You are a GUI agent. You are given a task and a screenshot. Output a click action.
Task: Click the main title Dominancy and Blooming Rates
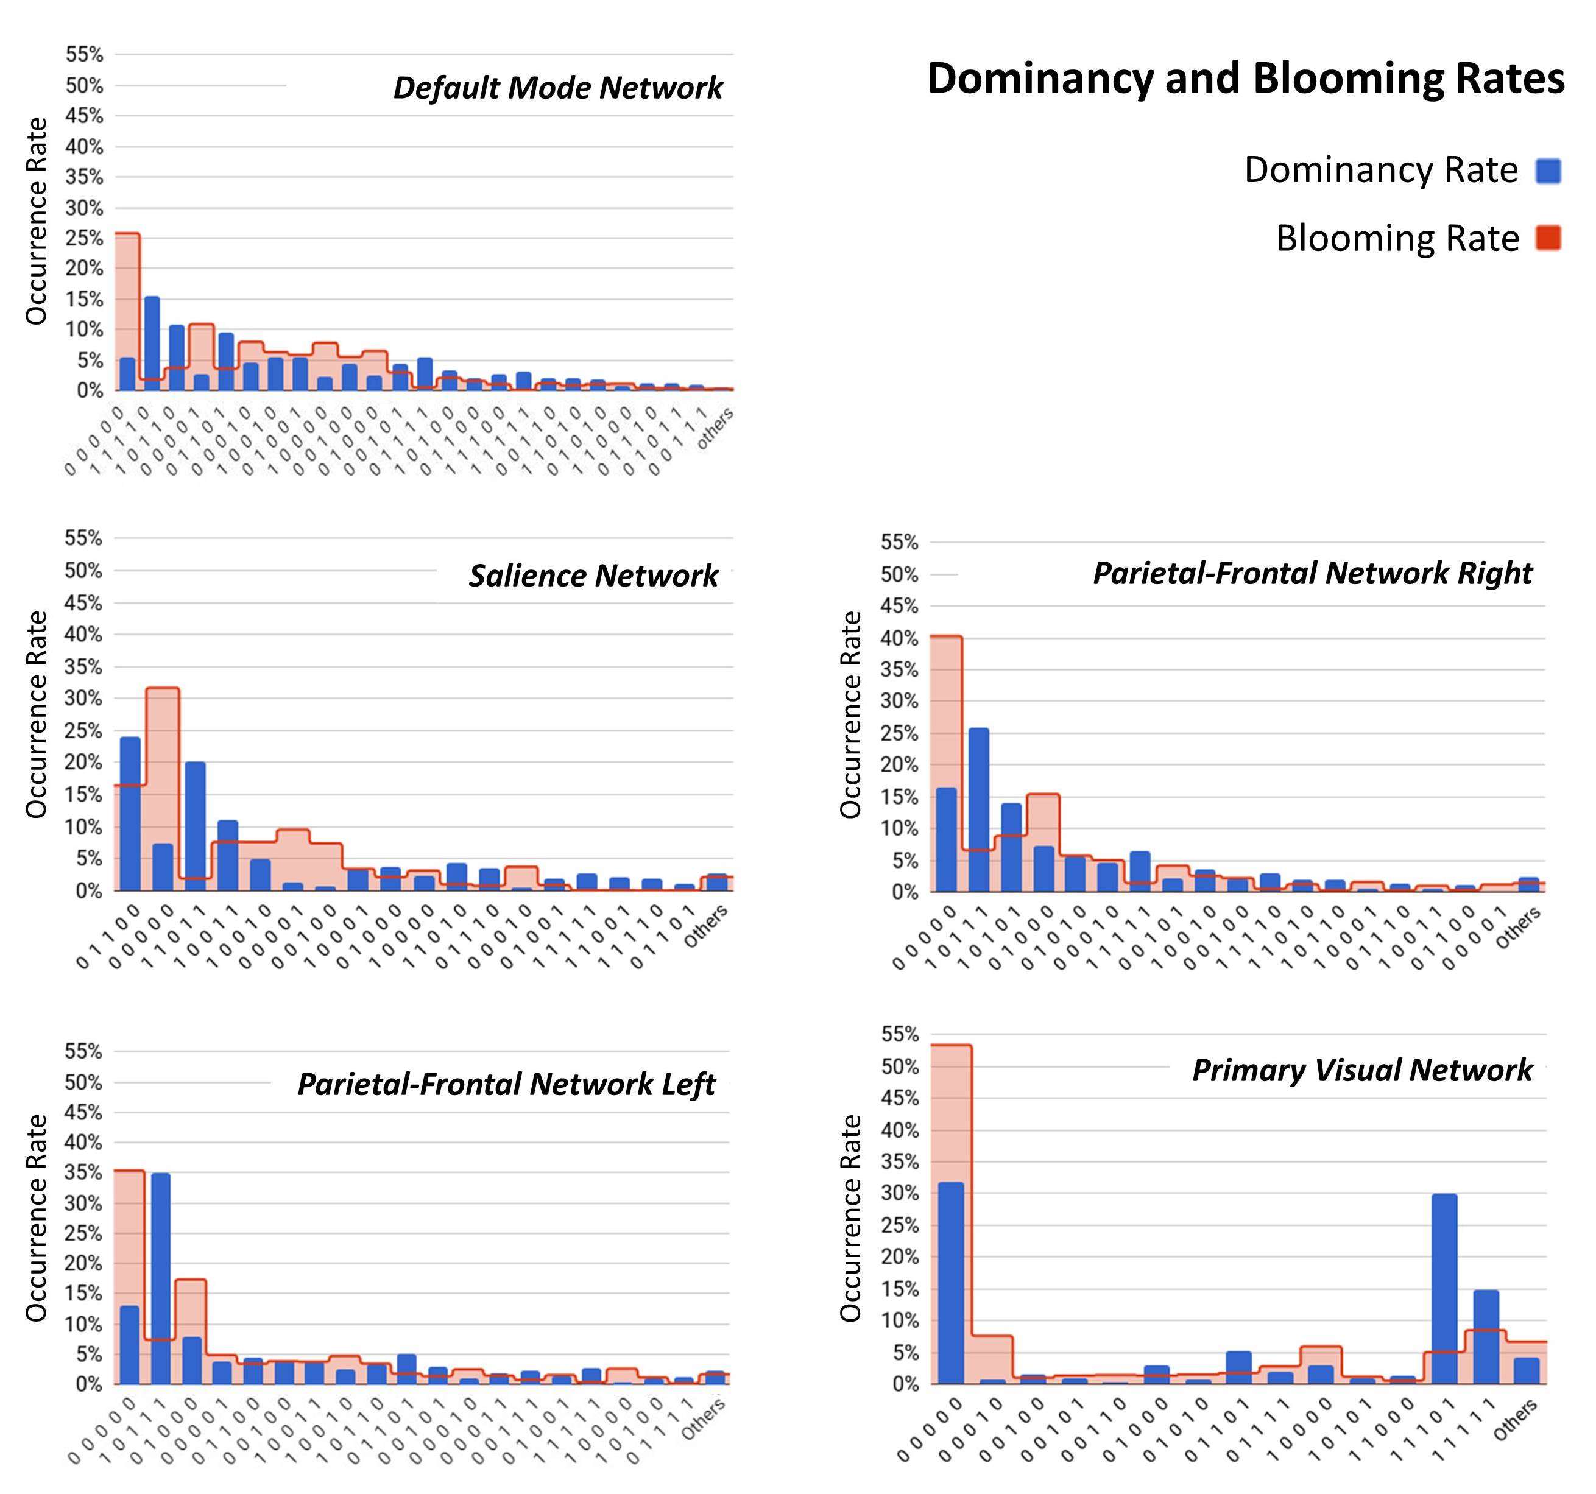(1245, 79)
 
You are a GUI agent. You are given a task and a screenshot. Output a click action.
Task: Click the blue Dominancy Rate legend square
(1548, 171)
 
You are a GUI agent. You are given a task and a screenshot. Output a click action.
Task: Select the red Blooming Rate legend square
(1548, 238)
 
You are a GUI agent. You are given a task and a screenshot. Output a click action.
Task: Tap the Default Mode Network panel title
(557, 88)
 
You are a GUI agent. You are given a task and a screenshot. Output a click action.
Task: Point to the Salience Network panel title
(593, 576)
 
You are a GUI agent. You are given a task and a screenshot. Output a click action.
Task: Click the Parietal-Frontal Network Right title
(1313, 573)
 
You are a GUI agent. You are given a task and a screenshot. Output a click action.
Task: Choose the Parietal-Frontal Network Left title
(506, 1084)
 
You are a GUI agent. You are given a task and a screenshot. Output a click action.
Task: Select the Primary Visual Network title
(1361, 1070)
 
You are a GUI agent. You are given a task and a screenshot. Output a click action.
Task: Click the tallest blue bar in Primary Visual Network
(950, 1283)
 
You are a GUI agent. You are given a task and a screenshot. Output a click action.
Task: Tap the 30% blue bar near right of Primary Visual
(1444, 1289)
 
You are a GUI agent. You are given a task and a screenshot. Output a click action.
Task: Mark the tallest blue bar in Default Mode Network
(152, 344)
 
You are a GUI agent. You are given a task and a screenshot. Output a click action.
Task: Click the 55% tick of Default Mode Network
(84, 55)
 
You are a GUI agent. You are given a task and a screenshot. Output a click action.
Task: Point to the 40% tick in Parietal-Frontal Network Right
(899, 638)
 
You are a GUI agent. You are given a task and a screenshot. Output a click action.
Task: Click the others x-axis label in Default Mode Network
(714, 429)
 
